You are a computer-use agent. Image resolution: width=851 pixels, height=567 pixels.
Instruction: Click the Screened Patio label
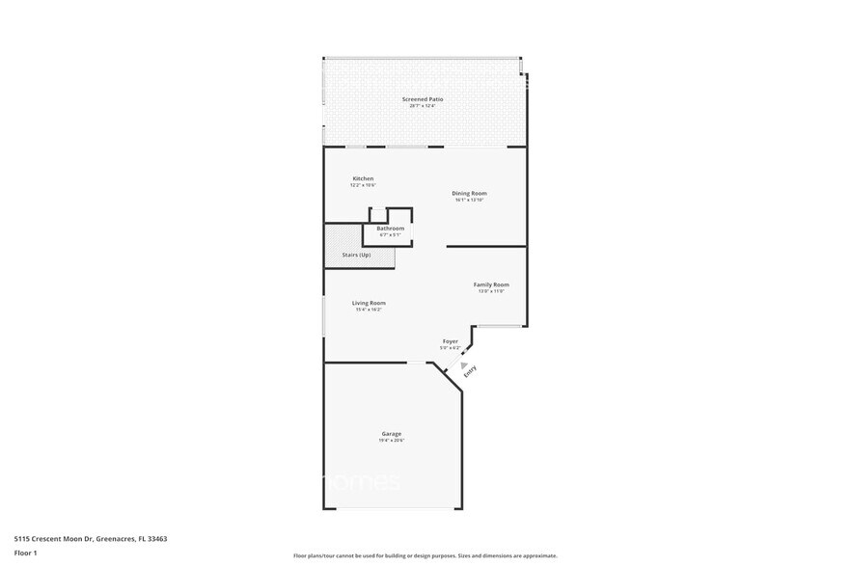[x=423, y=99]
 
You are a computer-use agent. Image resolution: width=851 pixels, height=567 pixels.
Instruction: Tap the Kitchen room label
[x=363, y=178]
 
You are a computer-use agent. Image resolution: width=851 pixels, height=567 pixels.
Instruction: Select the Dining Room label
[x=469, y=194]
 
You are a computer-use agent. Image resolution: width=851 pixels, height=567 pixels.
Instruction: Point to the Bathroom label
[x=390, y=229]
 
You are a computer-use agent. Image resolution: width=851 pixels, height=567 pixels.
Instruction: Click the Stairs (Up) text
[x=356, y=255]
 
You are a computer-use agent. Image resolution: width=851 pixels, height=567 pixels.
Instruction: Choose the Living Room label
[x=370, y=303]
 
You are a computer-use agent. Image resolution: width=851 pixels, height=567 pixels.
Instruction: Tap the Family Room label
[x=491, y=284]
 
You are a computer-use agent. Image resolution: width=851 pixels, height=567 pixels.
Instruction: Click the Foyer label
[x=450, y=341]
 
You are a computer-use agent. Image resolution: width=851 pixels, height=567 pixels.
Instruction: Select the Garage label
[x=391, y=434]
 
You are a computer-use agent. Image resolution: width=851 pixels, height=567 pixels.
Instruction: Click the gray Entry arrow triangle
[x=450, y=364]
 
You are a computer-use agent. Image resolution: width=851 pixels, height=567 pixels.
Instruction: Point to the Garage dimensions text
[x=391, y=441]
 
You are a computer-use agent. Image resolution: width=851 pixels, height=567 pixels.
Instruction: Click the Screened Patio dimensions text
[x=423, y=106]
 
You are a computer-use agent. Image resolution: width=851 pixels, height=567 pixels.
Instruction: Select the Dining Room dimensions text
[x=469, y=201]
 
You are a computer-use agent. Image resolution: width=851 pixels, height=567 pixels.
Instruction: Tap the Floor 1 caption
[x=25, y=553]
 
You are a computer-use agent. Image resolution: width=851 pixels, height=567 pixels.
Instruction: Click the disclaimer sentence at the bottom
[x=425, y=555]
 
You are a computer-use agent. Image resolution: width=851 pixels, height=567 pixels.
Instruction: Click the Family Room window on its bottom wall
[x=501, y=326]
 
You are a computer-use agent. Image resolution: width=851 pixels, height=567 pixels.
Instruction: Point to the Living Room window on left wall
[x=323, y=316]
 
